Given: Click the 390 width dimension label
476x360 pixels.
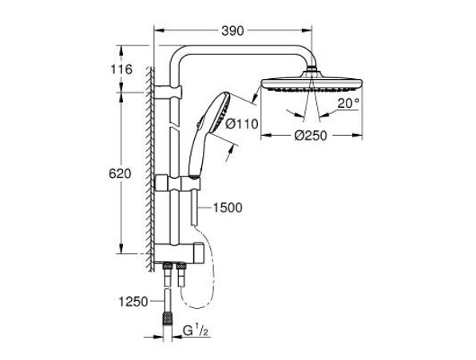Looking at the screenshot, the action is pyautogui.click(x=232, y=30).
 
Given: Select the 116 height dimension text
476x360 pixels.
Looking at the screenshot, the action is pyautogui.click(x=121, y=69).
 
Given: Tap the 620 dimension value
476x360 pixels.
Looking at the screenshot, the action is pyautogui.click(x=120, y=174).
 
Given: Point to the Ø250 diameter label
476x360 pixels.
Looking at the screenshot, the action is pyautogui.click(x=311, y=135).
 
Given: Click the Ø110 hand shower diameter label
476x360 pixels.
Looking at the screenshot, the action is pyautogui.click(x=242, y=124).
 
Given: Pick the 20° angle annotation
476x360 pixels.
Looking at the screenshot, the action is pyautogui.click(x=348, y=104).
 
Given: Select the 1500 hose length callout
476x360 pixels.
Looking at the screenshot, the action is pyautogui.click(x=228, y=208).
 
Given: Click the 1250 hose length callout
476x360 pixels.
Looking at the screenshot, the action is pyautogui.click(x=133, y=302).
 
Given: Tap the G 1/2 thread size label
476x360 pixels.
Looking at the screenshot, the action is pyautogui.click(x=196, y=331).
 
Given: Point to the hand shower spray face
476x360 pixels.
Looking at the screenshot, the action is pyautogui.click(x=222, y=113).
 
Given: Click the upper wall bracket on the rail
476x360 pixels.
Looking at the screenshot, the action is pyautogui.click(x=169, y=92).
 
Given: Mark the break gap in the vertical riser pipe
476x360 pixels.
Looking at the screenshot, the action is pyautogui.click(x=174, y=125).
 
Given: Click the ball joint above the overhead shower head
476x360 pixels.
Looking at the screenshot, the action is pyautogui.click(x=312, y=69).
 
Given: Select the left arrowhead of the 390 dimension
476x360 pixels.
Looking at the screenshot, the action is pyautogui.click(x=159, y=30).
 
